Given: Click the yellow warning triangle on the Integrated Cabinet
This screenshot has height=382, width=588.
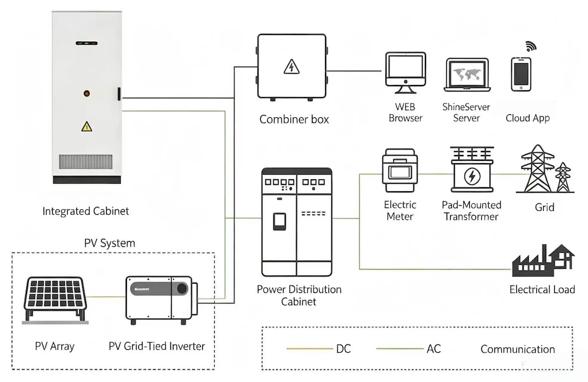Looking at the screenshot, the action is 87,126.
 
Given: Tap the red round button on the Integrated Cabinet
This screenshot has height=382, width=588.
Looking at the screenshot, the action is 87,94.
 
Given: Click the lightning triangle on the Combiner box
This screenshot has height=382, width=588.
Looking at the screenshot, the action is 291,67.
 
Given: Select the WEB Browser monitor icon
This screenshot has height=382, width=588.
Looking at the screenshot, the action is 405,73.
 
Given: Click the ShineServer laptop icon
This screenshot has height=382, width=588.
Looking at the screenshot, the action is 467,75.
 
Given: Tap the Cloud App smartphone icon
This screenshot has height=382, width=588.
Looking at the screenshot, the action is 521,74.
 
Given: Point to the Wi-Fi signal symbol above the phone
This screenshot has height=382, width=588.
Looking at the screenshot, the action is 531,46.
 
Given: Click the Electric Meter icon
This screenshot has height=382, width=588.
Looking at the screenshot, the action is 400,171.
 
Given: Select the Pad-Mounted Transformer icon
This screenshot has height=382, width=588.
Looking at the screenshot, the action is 472,169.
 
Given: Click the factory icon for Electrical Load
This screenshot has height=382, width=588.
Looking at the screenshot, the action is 543,260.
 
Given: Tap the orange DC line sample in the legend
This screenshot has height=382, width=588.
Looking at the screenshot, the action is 310,349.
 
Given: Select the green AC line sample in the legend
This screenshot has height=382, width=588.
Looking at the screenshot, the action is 400,349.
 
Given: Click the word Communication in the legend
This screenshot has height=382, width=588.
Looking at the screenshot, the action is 517,349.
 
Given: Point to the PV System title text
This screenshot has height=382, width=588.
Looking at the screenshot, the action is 110,243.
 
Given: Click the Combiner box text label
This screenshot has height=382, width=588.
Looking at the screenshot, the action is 294,119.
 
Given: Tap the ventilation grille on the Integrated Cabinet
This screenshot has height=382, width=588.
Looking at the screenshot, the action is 86,162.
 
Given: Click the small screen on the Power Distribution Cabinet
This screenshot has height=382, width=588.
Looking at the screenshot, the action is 280,221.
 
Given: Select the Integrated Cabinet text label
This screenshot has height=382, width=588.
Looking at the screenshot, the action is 86,211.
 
